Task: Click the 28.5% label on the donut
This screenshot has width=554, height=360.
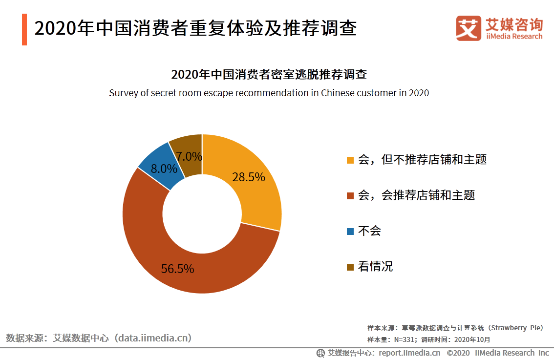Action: click(x=248, y=177)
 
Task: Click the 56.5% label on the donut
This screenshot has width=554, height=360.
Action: click(x=177, y=269)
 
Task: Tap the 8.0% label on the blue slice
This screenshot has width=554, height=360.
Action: click(x=164, y=169)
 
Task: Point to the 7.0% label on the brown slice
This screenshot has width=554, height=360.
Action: click(x=189, y=156)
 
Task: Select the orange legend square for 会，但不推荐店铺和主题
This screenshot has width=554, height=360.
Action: click(x=350, y=160)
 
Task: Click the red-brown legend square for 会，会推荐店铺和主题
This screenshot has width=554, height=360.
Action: click(x=350, y=196)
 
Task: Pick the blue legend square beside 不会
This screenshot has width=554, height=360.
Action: click(x=350, y=232)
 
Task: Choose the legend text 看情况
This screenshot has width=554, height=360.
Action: click(x=375, y=267)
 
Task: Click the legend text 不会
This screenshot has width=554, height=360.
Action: click(x=369, y=231)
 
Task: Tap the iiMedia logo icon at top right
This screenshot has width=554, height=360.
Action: click(x=469, y=28)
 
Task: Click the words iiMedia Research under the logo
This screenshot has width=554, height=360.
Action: click(x=514, y=37)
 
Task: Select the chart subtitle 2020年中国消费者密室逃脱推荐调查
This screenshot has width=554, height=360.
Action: click(x=269, y=75)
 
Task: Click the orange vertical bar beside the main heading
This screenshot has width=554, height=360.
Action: click(x=24, y=29)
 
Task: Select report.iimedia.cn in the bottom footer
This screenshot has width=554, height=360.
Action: click(x=409, y=353)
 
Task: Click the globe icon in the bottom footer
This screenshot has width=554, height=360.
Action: click(x=320, y=353)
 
